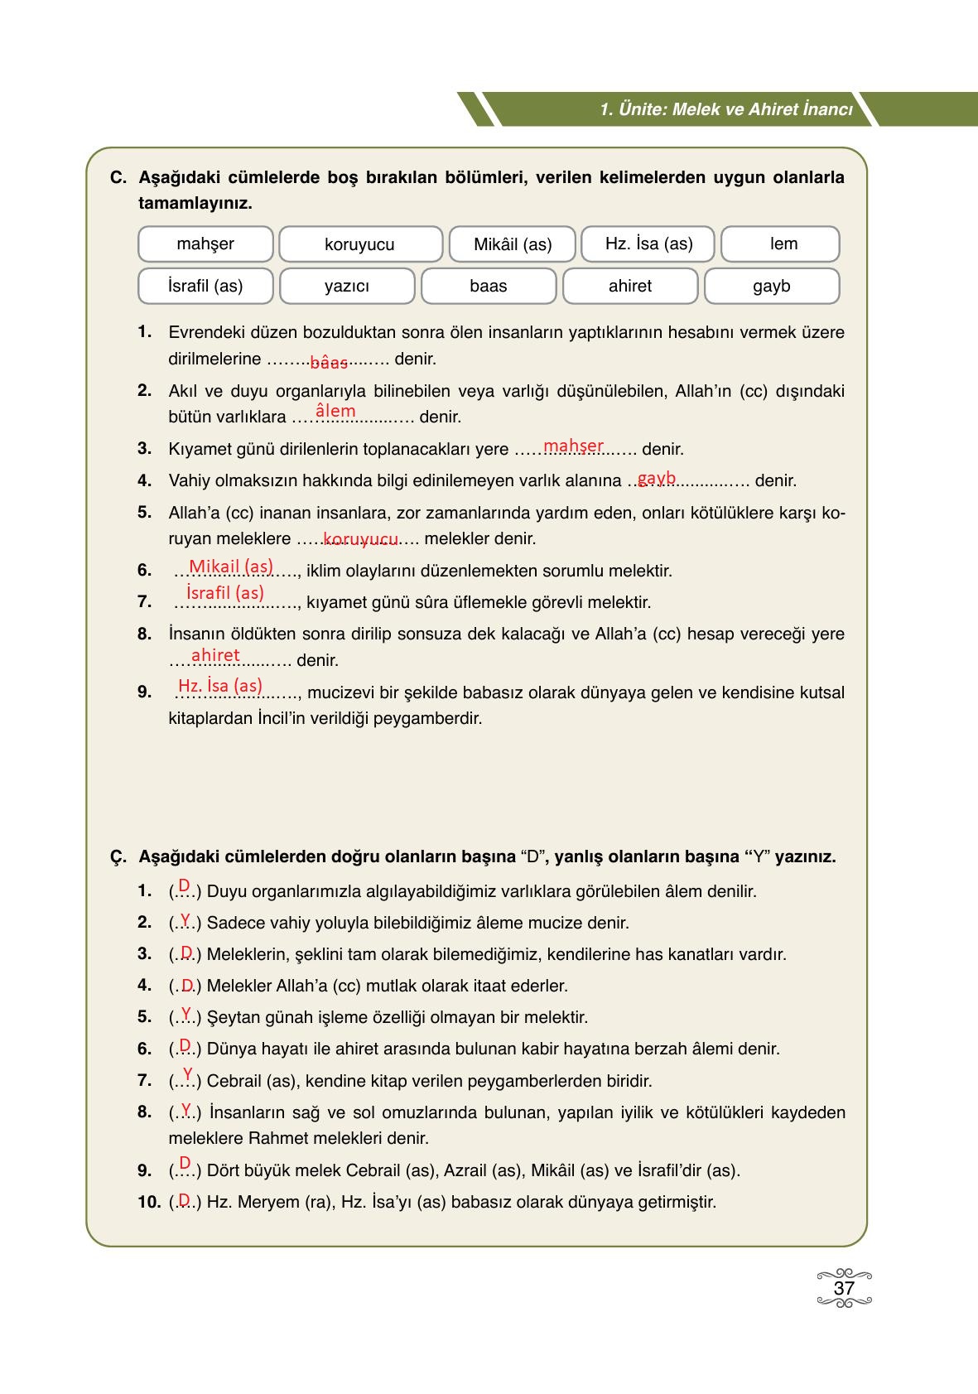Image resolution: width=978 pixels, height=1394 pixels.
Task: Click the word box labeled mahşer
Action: pyautogui.click(x=205, y=244)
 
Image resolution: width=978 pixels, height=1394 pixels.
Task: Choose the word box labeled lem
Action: pyautogui.click(x=781, y=244)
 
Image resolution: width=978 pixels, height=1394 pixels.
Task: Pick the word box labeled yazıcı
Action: pyautogui.click(x=347, y=287)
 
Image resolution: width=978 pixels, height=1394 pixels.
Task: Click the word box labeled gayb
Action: pyautogui.click(x=771, y=287)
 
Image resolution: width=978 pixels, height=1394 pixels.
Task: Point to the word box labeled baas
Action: pyautogui.click(x=488, y=287)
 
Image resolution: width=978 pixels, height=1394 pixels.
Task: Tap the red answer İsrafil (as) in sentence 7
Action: pyautogui.click(x=225, y=593)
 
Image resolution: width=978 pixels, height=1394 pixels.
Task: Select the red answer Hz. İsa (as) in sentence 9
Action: pyautogui.click(x=220, y=686)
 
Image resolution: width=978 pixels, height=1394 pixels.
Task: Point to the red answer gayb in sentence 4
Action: pyautogui.click(x=657, y=478)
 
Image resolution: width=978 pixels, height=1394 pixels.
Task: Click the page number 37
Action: pyautogui.click(x=844, y=1289)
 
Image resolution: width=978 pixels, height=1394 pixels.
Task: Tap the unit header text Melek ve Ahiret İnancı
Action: pyautogui.click(x=763, y=110)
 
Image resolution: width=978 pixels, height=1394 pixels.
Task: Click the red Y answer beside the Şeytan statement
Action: pyautogui.click(x=185, y=1013)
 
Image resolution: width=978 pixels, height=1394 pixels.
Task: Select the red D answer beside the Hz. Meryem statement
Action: pyautogui.click(x=185, y=1199)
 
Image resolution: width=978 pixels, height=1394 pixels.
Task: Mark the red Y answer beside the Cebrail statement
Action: pyautogui.click(x=187, y=1075)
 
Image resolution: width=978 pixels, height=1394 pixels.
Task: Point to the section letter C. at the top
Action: pyautogui.click(x=118, y=178)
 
